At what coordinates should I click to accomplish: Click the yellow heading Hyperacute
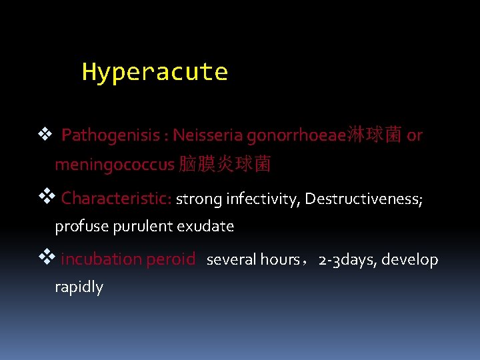coord(155,72)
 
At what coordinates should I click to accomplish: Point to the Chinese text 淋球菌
coord(374,136)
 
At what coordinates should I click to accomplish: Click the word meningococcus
coord(114,165)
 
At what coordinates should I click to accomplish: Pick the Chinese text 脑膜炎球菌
coord(225,165)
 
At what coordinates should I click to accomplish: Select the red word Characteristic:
coord(117,198)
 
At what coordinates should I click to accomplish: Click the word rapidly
coord(79,287)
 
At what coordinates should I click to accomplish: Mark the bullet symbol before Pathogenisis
coord(45,135)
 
